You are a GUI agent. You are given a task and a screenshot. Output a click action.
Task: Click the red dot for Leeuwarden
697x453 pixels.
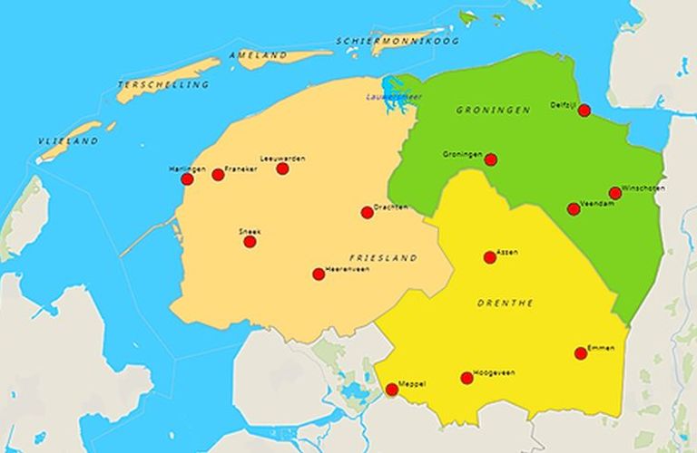click(x=282, y=169)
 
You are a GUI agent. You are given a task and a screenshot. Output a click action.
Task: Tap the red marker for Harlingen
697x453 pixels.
click(x=187, y=179)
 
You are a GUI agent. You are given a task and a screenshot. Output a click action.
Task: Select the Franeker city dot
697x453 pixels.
click(x=218, y=175)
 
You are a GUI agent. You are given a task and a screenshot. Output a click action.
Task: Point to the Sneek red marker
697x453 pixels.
click(x=250, y=242)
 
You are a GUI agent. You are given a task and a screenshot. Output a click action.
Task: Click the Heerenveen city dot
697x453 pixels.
click(x=319, y=274)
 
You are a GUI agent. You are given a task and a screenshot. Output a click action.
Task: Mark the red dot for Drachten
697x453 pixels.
click(x=367, y=213)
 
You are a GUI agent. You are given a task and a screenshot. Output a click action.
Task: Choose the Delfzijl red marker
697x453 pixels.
click(x=584, y=111)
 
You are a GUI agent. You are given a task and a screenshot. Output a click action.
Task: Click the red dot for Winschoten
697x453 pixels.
click(x=615, y=193)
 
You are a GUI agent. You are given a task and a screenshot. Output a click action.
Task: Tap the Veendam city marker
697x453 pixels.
click(x=574, y=209)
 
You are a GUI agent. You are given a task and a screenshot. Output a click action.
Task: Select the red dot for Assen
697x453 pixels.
click(x=490, y=257)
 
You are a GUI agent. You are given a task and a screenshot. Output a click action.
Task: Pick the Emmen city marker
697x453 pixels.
click(x=581, y=353)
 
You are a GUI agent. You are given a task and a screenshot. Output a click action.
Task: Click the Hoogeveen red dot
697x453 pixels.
click(x=466, y=378)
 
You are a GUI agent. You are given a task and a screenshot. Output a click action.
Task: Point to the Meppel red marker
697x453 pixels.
click(x=392, y=390)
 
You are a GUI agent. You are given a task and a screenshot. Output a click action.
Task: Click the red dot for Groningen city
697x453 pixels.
click(x=491, y=159)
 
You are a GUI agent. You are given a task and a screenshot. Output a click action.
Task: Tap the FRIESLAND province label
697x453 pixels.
click(x=383, y=257)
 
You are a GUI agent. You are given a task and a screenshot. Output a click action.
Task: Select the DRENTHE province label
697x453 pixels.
click(x=506, y=303)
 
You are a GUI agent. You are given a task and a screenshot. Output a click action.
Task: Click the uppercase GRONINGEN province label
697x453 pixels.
click(x=493, y=110)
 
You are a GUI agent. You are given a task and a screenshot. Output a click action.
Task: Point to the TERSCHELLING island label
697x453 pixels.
click(x=163, y=84)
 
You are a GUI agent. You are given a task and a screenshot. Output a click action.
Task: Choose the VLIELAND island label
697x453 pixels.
click(x=68, y=141)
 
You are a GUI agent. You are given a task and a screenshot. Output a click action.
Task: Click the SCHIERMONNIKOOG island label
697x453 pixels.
click(x=398, y=41)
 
